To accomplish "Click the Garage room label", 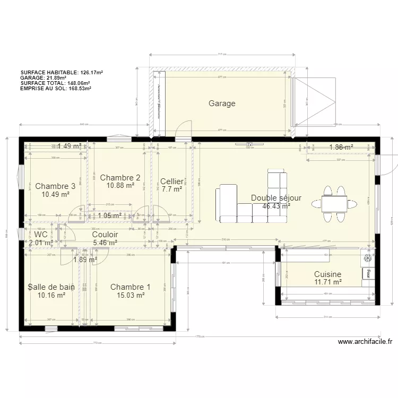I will [x=222, y=103].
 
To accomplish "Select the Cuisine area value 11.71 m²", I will [x=327, y=282].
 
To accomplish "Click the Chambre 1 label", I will [x=130, y=287].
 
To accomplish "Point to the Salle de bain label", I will [x=51, y=287].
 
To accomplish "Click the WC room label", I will [x=41, y=234].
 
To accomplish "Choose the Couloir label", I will [x=105, y=234].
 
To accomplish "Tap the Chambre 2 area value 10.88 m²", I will [x=120, y=186].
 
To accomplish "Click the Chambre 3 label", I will [x=55, y=186].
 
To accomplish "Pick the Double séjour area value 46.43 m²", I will [x=276, y=206].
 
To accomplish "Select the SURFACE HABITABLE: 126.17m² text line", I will [x=62, y=72].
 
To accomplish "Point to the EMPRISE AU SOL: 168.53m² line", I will [x=56, y=88].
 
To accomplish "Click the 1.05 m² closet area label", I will [x=110, y=215].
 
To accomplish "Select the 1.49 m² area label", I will [x=70, y=146].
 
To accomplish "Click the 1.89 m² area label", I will [x=85, y=259].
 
